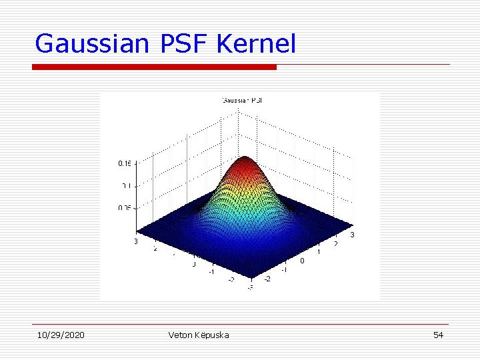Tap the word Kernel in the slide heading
pos(256,44)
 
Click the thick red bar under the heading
pos(154,67)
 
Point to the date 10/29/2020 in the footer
pos(60,335)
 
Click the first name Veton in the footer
pos(181,335)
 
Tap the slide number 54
pos(438,335)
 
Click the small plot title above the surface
pos(243,100)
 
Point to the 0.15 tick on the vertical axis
pos(125,163)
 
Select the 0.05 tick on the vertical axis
pos(125,208)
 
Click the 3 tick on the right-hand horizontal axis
pos(353,235)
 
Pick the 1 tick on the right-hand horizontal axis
pos(319,252)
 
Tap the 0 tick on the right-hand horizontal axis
pos(302,261)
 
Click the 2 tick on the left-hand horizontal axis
pos(155,249)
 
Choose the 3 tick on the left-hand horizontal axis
pos(135,241)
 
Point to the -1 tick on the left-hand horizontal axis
pos(211,271)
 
